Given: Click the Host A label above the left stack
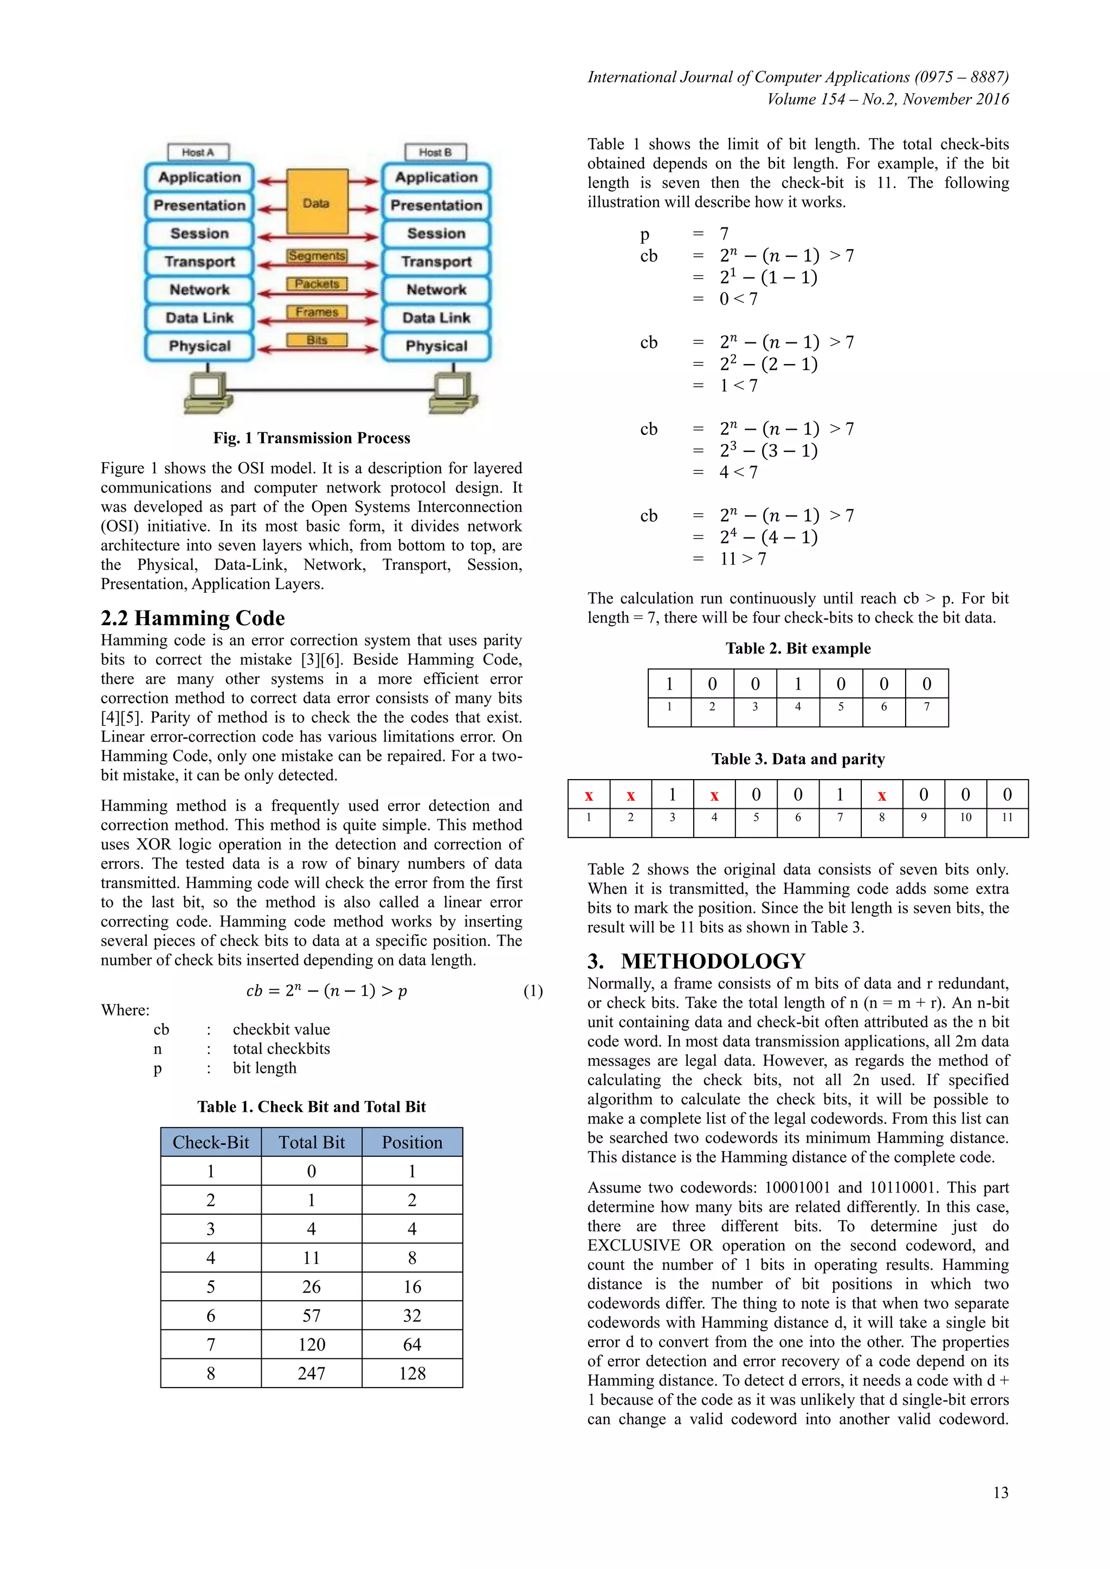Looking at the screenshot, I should coord(198,152).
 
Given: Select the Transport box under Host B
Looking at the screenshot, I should coord(436,262).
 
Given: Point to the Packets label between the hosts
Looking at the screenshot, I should coord(317,283).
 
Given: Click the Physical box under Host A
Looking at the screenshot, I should coord(199,346).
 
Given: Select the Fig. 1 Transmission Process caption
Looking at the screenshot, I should coord(312,438).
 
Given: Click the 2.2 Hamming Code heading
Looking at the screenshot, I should coord(193,618).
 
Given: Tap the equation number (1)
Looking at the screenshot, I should coord(533,991).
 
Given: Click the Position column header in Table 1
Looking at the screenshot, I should coord(412,1143).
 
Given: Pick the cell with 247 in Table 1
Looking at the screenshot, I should coord(312,1373).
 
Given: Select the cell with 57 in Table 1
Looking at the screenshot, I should coord(312,1315).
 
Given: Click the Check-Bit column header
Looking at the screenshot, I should coord(210,1143).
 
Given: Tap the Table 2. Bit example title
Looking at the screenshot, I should coord(798,649).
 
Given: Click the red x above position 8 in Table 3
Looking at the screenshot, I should coord(882,795).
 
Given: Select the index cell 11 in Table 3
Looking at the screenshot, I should coord(1007,818).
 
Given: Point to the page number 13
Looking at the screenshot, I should coord(1001,1493).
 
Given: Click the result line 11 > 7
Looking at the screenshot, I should coord(743,559).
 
